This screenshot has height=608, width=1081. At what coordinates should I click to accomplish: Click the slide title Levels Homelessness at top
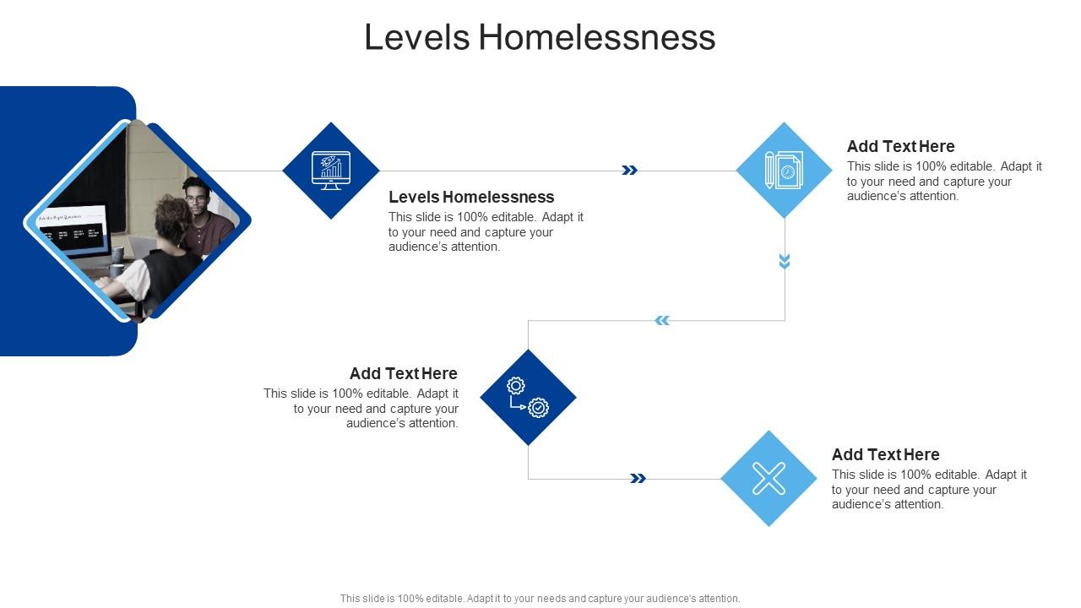(x=540, y=38)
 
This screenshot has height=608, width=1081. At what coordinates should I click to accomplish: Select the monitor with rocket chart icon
(x=331, y=171)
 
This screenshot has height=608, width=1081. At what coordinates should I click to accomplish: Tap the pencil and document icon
(x=784, y=171)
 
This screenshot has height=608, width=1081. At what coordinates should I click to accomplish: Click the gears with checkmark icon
(x=528, y=397)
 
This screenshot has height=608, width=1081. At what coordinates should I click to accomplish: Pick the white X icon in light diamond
(x=769, y=479)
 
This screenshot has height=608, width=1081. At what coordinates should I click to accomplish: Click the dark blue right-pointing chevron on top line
(x=629, y=171)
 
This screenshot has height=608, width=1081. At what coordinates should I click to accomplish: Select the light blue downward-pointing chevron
(x=785, y=262)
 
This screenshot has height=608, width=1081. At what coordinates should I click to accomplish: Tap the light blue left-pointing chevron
(x=662, y=320)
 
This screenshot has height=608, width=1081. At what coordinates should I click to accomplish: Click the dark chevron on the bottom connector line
(x=638, y=479)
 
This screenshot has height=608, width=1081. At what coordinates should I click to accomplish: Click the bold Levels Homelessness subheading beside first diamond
(x=471, y=197)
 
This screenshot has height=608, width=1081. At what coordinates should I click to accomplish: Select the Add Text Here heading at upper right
(x=900, y=146)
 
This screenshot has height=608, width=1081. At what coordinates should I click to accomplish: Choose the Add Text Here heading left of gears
(x=404, y=373)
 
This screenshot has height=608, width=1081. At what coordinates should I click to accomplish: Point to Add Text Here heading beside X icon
(x=885, y=454)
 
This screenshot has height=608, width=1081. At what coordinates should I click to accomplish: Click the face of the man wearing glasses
(x=197, y=199)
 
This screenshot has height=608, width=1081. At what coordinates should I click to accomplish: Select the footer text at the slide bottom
(x=540, y=598)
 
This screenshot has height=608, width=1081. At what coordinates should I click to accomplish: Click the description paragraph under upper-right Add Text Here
(x=944, y=182)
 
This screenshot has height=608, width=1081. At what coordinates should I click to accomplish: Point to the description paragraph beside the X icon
(x=929, y=490)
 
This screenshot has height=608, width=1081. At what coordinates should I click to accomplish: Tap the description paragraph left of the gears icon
(x=361, y=409)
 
